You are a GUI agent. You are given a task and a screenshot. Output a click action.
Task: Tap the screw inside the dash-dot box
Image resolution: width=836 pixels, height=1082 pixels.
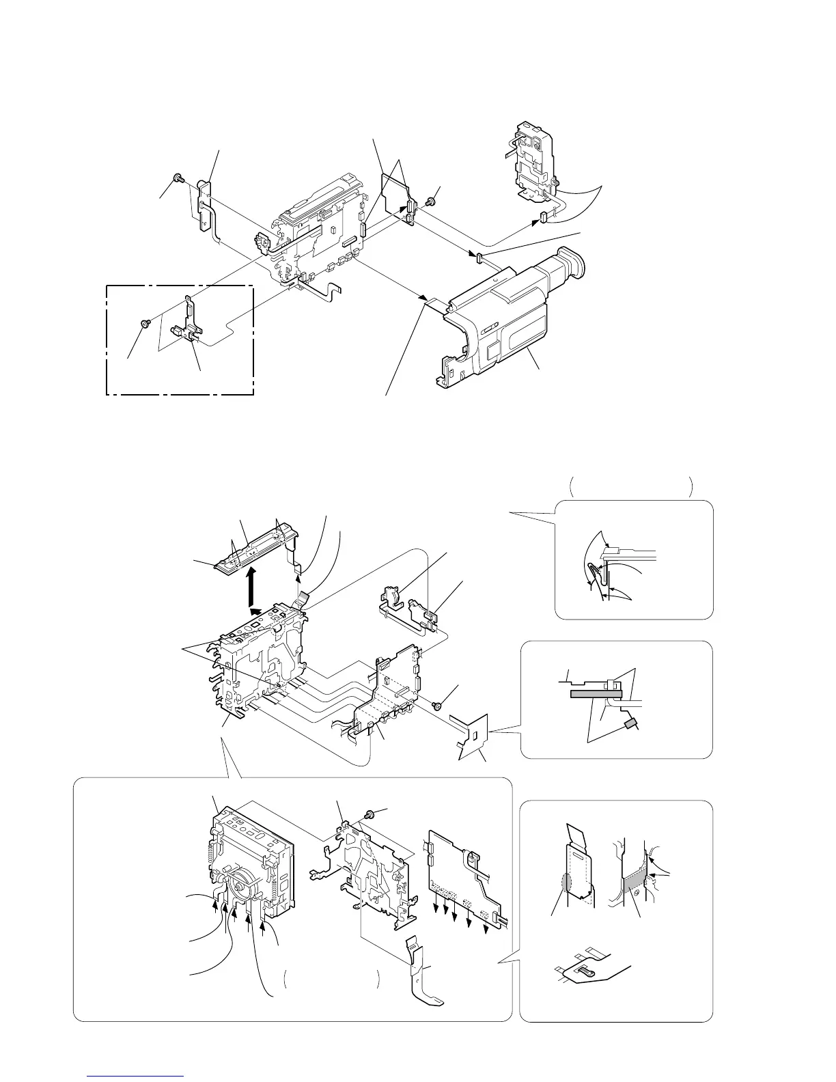click(x=145, y=322)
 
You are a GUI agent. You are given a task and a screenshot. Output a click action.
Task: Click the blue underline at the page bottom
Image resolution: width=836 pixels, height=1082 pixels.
click(x=136, y=1077)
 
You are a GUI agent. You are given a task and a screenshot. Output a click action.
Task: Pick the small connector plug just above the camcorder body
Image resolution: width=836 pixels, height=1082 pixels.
click(x=479, y=256)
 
